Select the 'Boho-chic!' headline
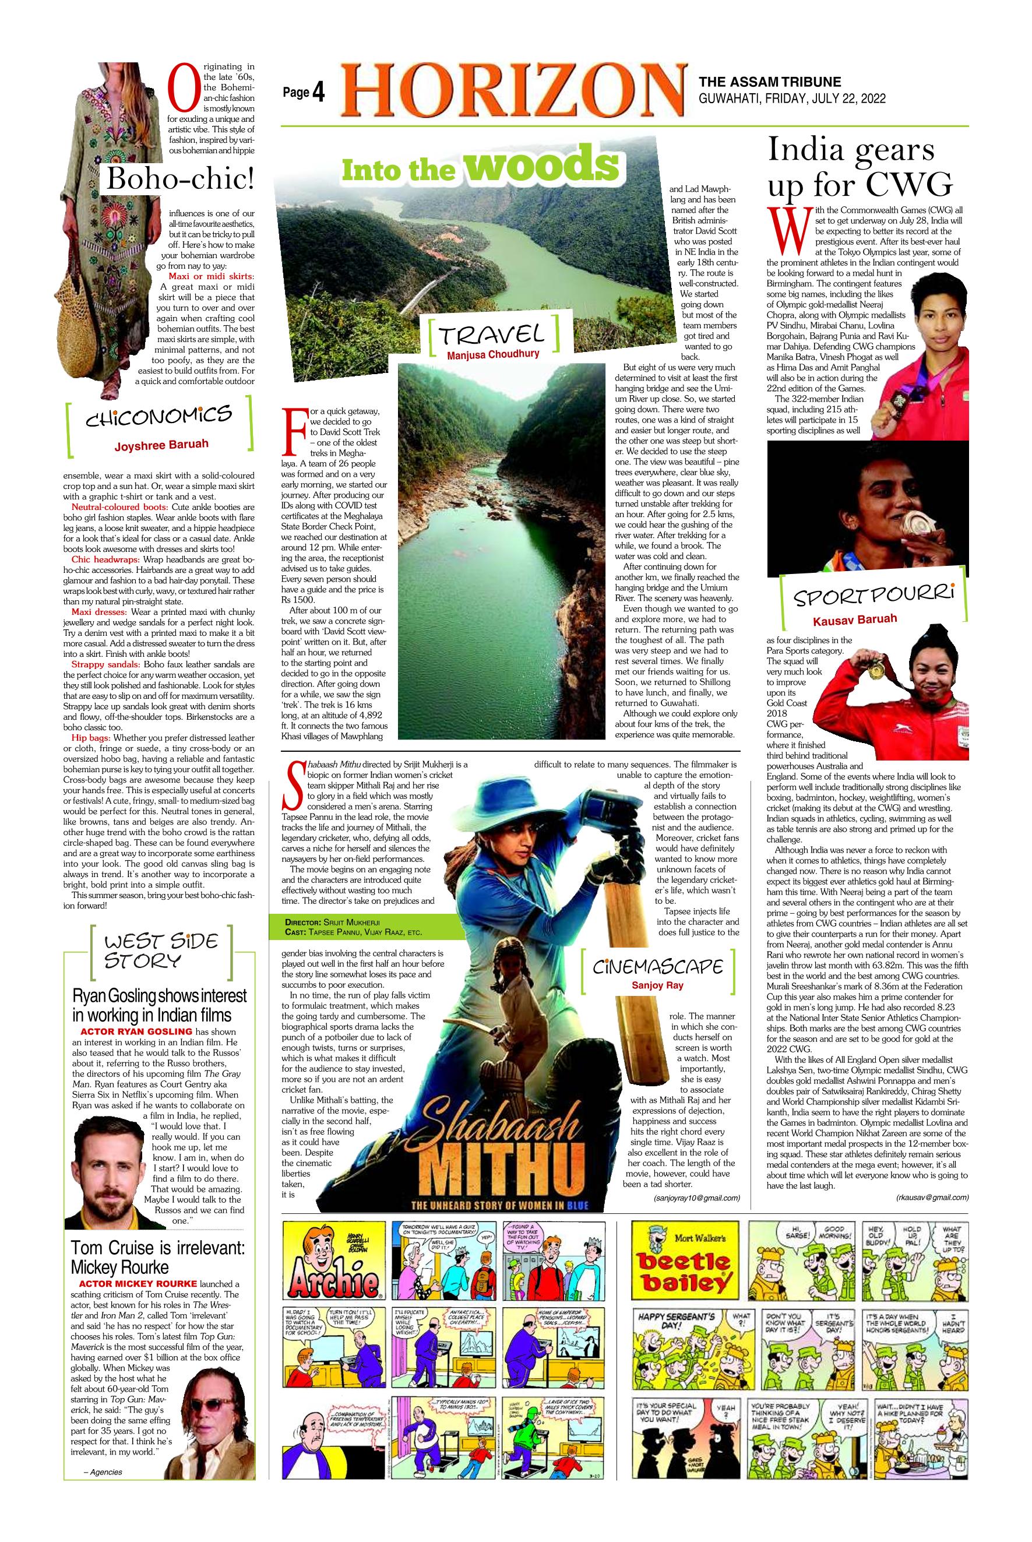pos(179,179)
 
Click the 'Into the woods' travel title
pos(481,164)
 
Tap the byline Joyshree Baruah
pos(161,445)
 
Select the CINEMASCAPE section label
pos(657,967)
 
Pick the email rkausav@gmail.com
pos(932,1197)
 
